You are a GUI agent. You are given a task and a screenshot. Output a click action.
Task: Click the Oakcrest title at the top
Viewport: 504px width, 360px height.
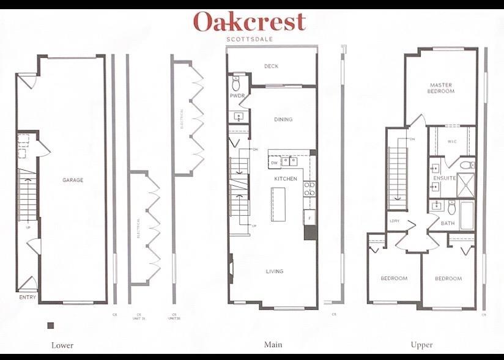249,22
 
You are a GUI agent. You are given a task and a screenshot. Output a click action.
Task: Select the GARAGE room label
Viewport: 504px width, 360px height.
73,180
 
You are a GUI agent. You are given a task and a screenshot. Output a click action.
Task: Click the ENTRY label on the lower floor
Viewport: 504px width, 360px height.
28,298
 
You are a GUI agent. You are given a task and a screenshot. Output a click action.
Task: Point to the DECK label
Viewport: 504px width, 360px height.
271,67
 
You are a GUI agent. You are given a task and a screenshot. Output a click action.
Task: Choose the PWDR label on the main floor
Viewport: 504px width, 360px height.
237,97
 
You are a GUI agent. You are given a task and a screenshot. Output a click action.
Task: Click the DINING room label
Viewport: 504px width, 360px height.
283,120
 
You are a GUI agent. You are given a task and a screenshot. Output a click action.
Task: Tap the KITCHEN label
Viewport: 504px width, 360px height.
285,179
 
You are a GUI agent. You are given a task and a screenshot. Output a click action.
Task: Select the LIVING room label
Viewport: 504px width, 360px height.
275,271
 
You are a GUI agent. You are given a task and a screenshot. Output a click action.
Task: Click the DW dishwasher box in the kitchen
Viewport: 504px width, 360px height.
274,163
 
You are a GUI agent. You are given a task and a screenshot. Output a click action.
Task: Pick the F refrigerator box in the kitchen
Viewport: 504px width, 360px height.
309,218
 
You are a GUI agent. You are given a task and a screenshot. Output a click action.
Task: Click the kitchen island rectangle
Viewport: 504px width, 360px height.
279,204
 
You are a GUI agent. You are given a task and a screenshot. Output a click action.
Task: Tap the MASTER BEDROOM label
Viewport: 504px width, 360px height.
442,88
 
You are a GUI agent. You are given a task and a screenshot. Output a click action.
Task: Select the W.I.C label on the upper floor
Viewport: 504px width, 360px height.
451,141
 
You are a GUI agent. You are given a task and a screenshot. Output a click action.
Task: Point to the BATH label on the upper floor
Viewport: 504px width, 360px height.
447,223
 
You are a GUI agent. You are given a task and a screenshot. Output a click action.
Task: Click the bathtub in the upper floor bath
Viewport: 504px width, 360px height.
467,215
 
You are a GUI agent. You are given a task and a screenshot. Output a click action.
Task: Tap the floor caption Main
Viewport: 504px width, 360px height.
272,345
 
